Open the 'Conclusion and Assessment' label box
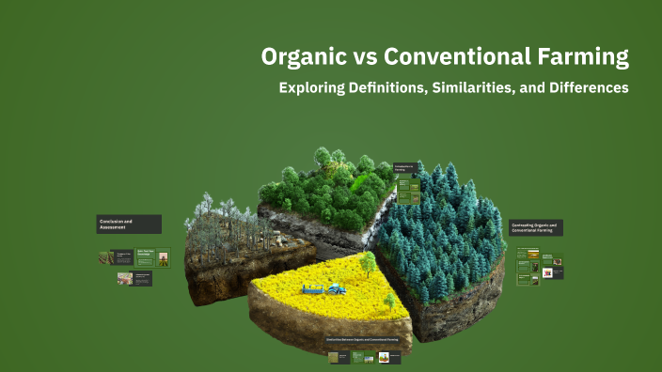[x=128, y=224]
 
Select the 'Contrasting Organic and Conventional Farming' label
[x=536, y=227]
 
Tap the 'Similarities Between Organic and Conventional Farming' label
[x=369, y=339]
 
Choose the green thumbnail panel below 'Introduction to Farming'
[x=407, y=190]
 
